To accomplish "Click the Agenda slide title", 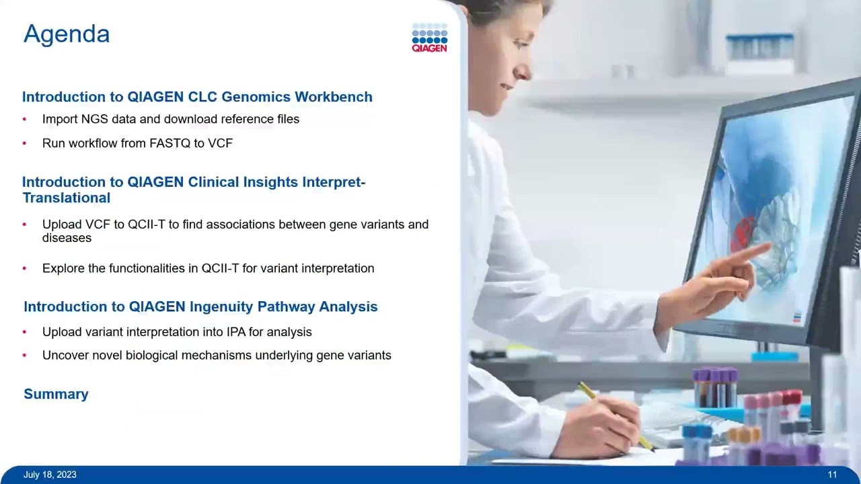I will tap(67, 34).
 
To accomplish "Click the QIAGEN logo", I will tap(429, 38).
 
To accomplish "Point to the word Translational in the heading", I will tap(66, 198).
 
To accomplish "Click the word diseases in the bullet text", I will tap(67, 238).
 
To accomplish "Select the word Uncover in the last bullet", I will tap(63, 355).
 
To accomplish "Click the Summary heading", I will tap(56, 394).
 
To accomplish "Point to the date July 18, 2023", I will tap(50, 475).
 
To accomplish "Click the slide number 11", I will tap(832, 475).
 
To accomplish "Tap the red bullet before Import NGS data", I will tap(25, 120).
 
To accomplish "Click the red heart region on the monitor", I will tap(744, 232).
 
